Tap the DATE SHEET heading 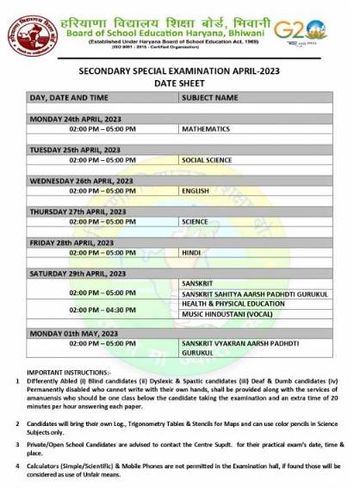[180, 84]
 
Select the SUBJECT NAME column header [209, 98]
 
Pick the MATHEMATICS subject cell [206, 128]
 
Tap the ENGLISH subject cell [196, 190]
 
